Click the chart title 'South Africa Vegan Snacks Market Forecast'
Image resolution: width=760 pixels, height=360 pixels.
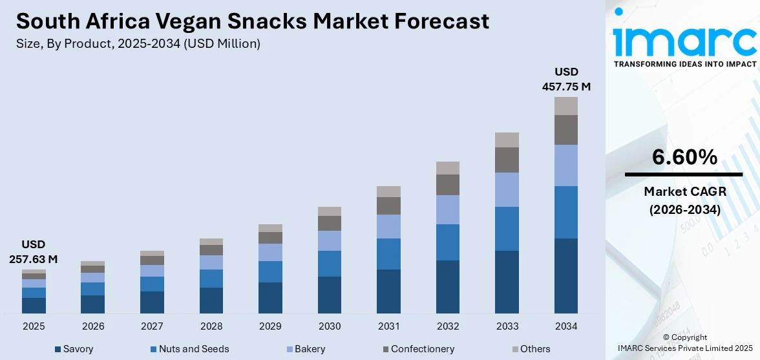252,21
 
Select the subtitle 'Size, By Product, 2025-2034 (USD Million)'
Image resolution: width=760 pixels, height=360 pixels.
138,44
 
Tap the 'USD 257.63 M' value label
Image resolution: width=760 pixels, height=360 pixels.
34,251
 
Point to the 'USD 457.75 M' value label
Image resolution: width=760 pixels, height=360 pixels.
565,79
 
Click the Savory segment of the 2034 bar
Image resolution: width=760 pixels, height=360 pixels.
565,276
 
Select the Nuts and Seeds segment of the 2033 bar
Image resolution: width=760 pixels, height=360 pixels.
507,229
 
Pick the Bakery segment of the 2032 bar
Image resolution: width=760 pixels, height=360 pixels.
447,209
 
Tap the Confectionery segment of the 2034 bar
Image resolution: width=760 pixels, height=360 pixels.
565,130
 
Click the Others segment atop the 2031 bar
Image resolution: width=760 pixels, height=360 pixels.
388,191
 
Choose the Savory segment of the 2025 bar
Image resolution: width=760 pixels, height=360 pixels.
34,305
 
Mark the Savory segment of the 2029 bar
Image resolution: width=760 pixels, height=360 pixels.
270,298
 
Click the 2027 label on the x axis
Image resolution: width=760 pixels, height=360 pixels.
152,326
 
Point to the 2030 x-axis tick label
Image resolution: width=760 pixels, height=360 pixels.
329,326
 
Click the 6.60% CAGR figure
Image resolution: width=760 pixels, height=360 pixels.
683,157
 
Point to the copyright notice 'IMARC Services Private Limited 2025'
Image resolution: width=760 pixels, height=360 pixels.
684,349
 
